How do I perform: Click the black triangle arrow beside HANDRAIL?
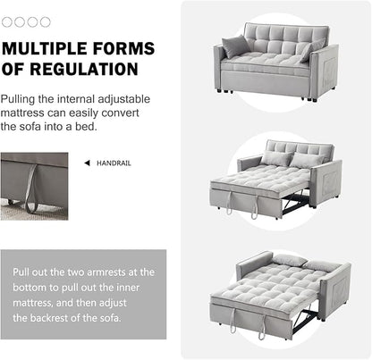point(87,163)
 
